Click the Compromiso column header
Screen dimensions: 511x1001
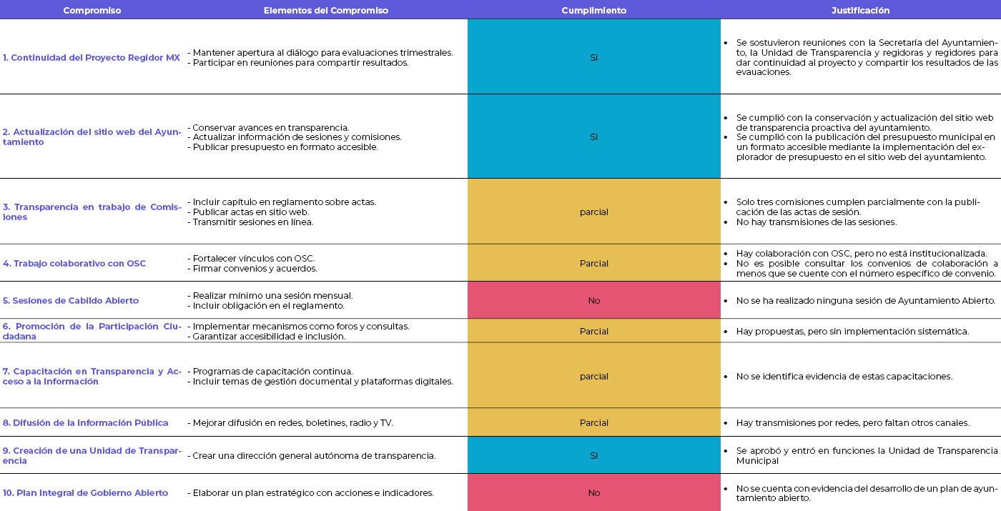(92, 11)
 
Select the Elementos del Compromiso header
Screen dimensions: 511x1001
(326, 11)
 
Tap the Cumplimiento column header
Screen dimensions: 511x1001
(593, 11)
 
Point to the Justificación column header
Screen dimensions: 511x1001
(860, 11)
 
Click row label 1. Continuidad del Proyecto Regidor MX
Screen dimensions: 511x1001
(92, 58)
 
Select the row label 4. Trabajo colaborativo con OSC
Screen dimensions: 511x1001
(74, 264)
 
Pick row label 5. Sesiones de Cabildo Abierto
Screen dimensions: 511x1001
(71, 301)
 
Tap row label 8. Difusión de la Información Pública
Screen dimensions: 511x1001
(86, 423)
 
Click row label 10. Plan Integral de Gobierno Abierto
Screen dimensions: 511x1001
(86, 493)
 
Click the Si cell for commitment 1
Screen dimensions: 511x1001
(593, 58)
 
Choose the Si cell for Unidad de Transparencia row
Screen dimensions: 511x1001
(593, 456)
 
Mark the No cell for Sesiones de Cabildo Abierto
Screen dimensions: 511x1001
(593, 301)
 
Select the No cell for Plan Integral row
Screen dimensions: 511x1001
(593, 493)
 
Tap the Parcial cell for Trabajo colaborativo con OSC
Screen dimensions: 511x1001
(593, 264)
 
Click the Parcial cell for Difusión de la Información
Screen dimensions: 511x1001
(593, 423)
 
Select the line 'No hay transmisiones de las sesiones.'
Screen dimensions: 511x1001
(816, 222)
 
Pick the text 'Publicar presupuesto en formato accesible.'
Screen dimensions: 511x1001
(285, 147)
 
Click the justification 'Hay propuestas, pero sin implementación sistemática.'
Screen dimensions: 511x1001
(852, 332)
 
